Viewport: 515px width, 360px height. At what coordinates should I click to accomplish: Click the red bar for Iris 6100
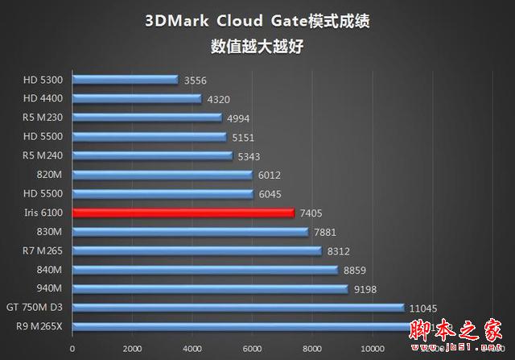pyautogui.click(x=183, y=213)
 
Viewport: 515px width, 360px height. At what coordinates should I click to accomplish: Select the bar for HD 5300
pyautogui.click(x=125, y=80)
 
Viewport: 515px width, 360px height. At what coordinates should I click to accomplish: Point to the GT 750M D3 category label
pyautogui.click(x=39, y=308)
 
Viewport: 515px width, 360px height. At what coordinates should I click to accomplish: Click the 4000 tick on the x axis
pyautogui.click(x=192, y=349)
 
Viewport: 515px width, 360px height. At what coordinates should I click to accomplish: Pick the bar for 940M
pyautogui.click(x=210, y=288)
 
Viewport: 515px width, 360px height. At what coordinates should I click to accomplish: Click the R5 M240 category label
pyautogui.click(x=48, y=155)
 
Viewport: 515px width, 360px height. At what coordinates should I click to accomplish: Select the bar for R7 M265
pyautogui.click(x=196, y=251)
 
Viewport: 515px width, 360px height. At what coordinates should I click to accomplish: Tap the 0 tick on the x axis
pyautogui.click(x=72, y=349)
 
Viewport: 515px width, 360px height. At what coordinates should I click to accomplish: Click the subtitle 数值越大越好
pyautogui.click(x=257, y=47)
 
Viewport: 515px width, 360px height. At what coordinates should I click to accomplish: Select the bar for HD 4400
pyautogui.click(x=137, y=99)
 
